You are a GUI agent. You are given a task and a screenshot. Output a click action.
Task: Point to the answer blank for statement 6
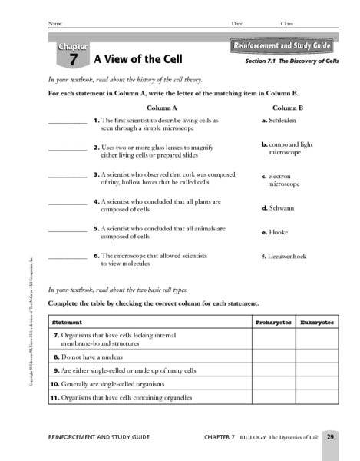tap(68, 257)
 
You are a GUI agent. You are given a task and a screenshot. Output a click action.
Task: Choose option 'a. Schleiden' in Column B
tap(279, 121)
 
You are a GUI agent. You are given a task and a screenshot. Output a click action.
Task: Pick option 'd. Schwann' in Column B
tap(278, 207)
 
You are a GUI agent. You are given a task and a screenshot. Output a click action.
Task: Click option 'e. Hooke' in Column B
tap(274, 232)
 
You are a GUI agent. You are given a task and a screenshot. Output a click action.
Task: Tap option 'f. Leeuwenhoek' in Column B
tap(283, 256)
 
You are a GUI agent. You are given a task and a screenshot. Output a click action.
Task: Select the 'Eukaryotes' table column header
tap(317, 323)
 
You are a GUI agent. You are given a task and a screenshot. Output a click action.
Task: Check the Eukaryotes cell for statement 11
tap(317, 398)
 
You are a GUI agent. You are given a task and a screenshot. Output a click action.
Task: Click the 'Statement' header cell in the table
tap(68, 323)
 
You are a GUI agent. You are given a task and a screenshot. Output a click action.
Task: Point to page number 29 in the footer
tap(329, 436)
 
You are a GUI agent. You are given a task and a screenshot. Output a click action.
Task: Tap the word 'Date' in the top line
tap(237, 24)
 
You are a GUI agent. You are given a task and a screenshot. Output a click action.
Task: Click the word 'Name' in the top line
tap(54, 24)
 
